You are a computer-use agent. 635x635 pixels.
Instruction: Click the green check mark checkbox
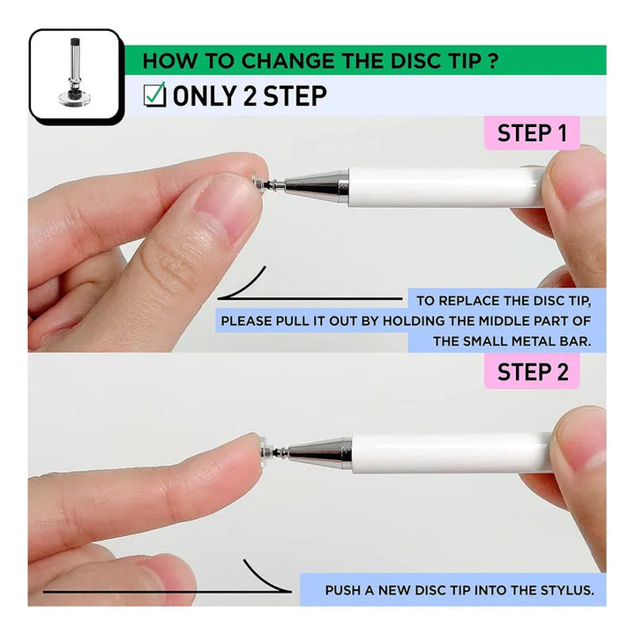click(x=154, y=94)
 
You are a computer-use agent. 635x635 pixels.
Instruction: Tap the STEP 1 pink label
click(x=532, y=133)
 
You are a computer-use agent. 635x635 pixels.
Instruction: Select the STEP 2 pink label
click(x=532, y=371)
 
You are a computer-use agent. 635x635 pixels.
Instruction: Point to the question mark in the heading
click(x=492, y=61)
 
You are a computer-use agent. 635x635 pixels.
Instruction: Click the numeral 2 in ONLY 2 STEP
click(x=250, y=96)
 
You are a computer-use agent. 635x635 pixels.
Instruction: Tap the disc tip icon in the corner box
click(x=74, y=73)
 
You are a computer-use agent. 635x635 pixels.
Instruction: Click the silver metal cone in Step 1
click(x=317, y=186)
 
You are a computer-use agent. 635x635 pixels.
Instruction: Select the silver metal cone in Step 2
click(x=320, y=452)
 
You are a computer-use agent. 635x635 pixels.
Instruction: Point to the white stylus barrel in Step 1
click(x=446, y=188)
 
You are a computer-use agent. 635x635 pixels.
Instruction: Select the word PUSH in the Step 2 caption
click(x=342, y=590)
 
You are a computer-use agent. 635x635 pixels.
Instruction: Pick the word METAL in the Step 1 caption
click(x=534, y=341)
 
